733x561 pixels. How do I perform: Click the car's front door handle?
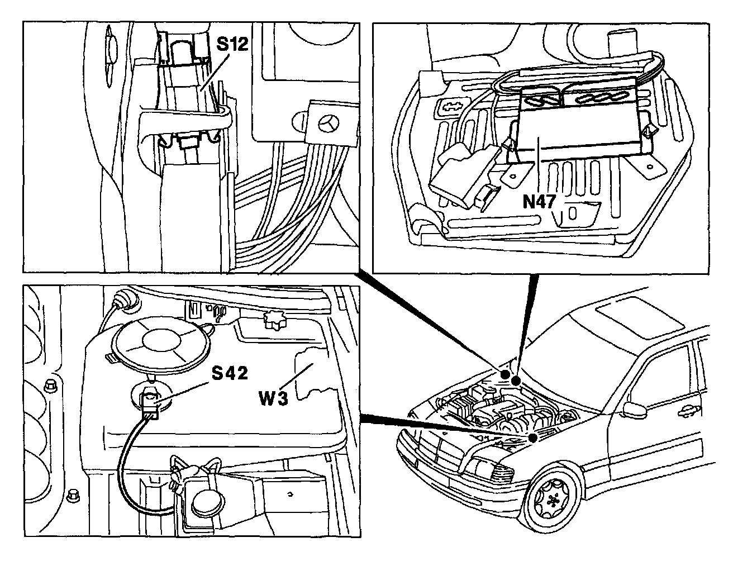coord(685,413)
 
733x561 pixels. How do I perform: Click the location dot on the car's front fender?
coord(533,438)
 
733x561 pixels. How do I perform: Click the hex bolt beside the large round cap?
coord(49,384)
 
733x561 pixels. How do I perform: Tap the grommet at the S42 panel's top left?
coord(124,302)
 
